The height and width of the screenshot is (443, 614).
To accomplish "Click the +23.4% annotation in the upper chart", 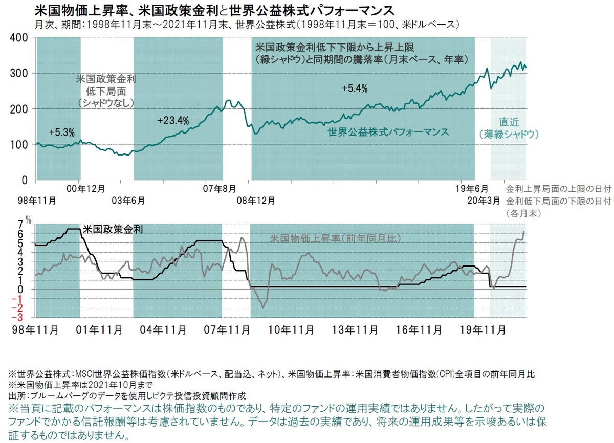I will (173, 121).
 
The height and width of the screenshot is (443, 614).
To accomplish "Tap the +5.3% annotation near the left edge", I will (61, 132).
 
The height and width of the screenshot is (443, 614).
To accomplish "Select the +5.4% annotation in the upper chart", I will (355, 88).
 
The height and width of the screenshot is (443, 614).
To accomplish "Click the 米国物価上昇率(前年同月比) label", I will (335, 238).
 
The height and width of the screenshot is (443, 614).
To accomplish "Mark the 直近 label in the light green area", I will (510, 122).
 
